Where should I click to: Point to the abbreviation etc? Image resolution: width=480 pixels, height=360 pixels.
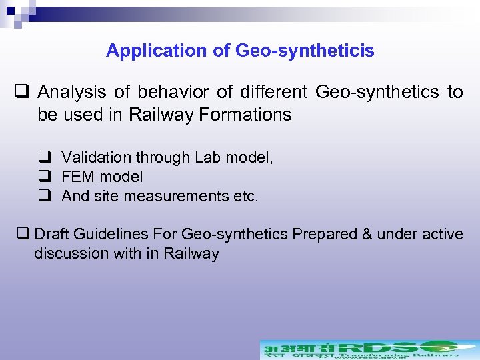click(246, 197)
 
